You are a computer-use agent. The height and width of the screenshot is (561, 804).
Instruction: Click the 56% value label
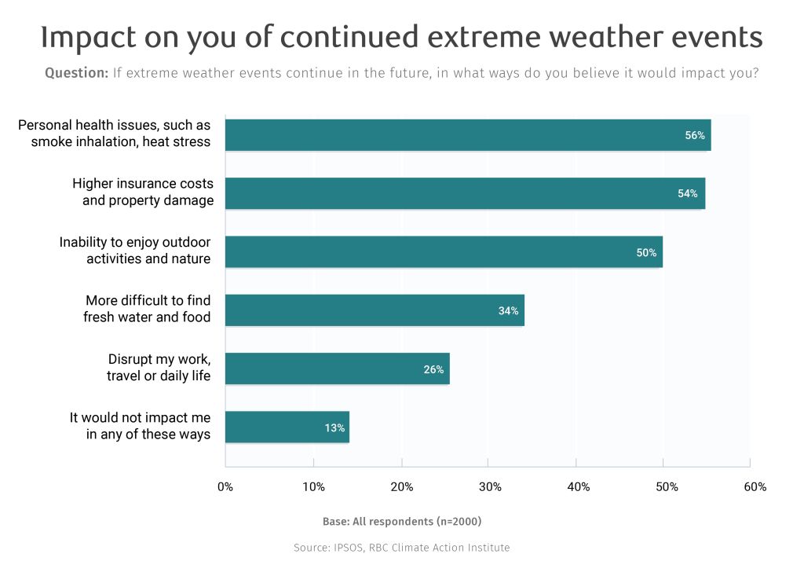(x=695, y=135)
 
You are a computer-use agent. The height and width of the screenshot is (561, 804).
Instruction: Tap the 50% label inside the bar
(x=646, y=252)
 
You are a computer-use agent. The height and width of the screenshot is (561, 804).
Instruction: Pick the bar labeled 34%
(x=375, y=310)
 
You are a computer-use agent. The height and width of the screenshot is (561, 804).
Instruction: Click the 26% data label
(x=434, y=368)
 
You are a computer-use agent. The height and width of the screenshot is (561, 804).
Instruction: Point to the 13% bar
(x=287, y=427)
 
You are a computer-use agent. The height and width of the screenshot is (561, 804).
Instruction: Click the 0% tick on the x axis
(x=225, y=487)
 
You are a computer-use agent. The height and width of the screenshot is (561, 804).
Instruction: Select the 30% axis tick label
(x=490, y=487)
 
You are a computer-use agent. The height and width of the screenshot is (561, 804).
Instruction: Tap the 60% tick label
(x=755, y=487)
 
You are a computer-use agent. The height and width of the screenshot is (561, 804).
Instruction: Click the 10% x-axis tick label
(x=314, y=487)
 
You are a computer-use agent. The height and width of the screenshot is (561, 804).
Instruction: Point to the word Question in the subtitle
(x=76, y=73)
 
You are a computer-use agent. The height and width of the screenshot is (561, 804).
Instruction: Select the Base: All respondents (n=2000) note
(x=401, y=522)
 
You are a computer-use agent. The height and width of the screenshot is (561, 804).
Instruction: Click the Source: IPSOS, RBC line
(x=401, y=548)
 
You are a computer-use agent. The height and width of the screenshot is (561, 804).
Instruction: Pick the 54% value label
(x=688, y=193)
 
